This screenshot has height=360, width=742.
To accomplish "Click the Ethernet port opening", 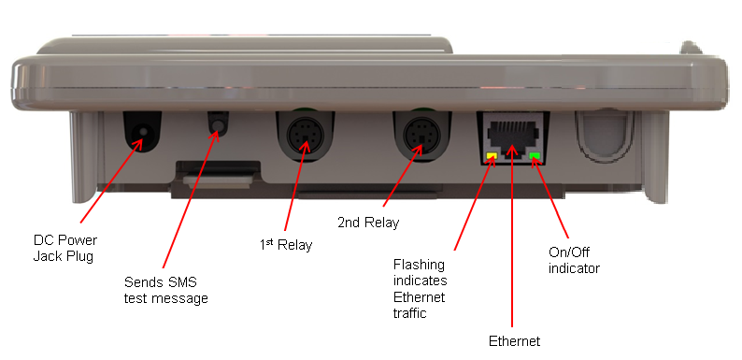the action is pyautogui.click(x=512, y=135).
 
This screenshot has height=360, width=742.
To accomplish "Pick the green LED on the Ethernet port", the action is pyautogui.click(x=535, y=156).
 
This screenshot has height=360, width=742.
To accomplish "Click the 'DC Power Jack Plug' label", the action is pyautogui.click(x=64, y=248).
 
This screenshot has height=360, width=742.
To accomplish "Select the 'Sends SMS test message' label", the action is pyautogui.click(x=166, y=291).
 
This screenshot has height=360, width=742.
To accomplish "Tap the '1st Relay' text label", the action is pyautogui.click(x=286, y=244).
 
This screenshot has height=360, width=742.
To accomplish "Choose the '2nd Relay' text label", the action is pyautogui.click(x=368, y=223).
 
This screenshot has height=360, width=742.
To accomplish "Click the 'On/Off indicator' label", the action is pyautogui.click(x=574, y=260).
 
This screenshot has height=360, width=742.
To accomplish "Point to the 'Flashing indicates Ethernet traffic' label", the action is pyautogui.click(x=420, y=289).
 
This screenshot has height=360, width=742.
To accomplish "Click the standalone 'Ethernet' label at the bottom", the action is pyautogui.click(x=514, y=341).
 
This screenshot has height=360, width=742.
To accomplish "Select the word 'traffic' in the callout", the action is pyautogui.click(x=410, y=312).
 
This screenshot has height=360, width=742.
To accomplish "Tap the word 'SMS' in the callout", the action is pyautogui.click(x=182, y=282).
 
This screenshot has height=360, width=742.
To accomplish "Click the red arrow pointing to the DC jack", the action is pyautogui.click(x=112, y=180).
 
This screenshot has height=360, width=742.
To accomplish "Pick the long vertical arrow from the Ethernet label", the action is pyautogui.click(x=512, y=236).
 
